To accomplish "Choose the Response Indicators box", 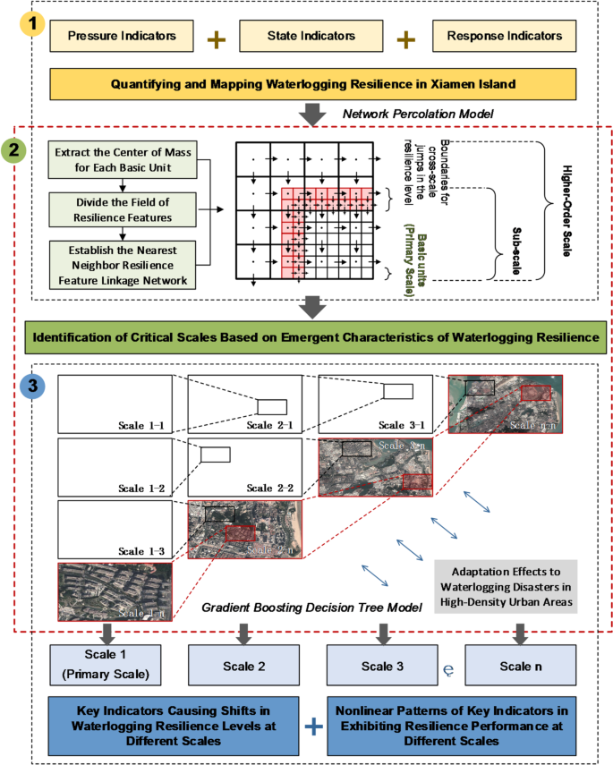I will pyautogui.click(x=503, y=37).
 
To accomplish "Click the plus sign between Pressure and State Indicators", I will pyautogui.click(x=215, y=38).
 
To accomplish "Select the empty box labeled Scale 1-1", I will pyautogui.click(x=115, y=403).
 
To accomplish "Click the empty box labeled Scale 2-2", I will pyautogui.click(x=244, y=465).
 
